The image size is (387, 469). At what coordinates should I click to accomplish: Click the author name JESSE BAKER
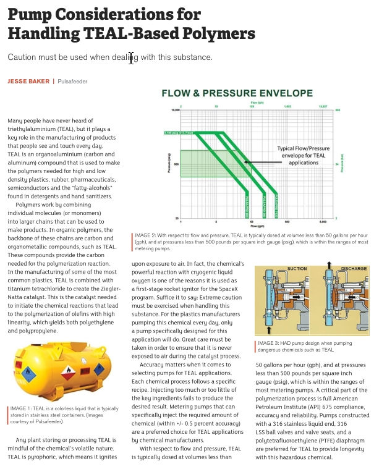coord(28,81)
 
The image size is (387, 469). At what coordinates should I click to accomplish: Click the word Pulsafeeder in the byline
coord(72,81)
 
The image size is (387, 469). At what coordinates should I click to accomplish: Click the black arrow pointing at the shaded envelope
coord(260,162)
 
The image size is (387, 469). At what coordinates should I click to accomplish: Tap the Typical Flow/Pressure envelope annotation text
coord(303,156)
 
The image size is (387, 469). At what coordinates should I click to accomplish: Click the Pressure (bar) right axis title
coord(342,163)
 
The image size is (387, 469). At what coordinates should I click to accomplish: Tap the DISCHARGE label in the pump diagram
coord(353,269)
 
